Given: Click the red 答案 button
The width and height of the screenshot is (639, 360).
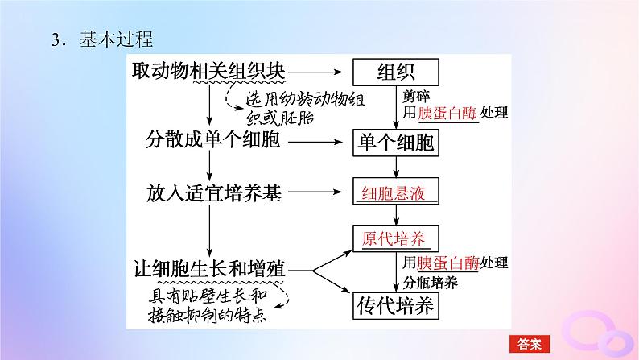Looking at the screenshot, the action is tap(530, 344).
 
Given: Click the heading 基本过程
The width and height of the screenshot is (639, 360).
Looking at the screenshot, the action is tap(116, 39).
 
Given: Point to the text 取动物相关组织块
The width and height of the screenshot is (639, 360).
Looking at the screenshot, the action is tap(208, 71).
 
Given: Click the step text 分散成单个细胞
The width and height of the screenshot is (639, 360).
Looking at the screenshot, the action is tap(212, 139).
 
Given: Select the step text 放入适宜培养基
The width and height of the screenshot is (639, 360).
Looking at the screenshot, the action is tap(214, 192).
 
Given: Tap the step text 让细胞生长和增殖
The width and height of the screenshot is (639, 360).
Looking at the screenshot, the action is tap(208, 269).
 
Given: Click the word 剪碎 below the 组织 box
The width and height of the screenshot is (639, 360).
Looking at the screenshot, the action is tap(416, 96).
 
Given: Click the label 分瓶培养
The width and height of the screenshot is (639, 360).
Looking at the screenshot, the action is tap(430, 283).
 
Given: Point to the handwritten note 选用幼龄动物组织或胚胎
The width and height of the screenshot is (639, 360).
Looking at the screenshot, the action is tap(305, 109).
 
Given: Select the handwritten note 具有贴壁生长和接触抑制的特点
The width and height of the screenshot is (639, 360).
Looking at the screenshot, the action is tap(208, 305).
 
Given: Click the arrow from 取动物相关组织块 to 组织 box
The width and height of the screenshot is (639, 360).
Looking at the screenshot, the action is tap(315, 72).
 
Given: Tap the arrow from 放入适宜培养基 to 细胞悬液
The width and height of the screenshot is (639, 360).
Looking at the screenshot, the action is tap(315, 192).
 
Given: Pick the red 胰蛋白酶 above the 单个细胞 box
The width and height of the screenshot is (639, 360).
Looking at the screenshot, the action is tap(447, 113).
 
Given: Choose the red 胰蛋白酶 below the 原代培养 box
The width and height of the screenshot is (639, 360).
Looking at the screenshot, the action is tap(447, 263).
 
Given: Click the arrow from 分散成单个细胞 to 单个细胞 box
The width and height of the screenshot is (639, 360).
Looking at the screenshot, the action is tap(315, 143).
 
